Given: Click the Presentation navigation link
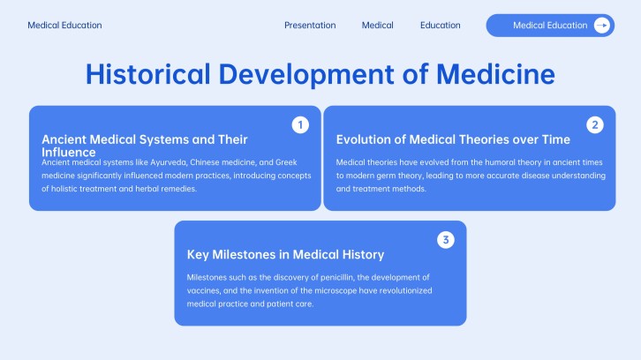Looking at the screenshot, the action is (310, 26).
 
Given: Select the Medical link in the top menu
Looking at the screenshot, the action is (377, 26).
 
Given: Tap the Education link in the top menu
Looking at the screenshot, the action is (441, 26).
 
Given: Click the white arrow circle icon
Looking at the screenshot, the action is (602, 26).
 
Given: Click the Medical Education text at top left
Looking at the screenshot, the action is (64, 26).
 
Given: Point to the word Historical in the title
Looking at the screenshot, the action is (148, 74).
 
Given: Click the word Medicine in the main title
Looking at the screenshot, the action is (495, 74).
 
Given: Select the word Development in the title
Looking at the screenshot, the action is (306, 75).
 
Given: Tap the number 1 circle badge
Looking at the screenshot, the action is (300, 125).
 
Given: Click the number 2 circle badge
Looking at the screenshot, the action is (595, 125).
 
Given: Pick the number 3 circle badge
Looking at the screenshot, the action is (446, 240).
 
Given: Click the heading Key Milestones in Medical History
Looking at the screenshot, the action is (285, 255).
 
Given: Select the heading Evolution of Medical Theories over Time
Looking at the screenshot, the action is (453, 139).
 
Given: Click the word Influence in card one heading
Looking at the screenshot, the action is (69, 153).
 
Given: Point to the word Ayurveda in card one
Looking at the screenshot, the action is (169, 162).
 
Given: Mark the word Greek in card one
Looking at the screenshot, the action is (286, 162).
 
